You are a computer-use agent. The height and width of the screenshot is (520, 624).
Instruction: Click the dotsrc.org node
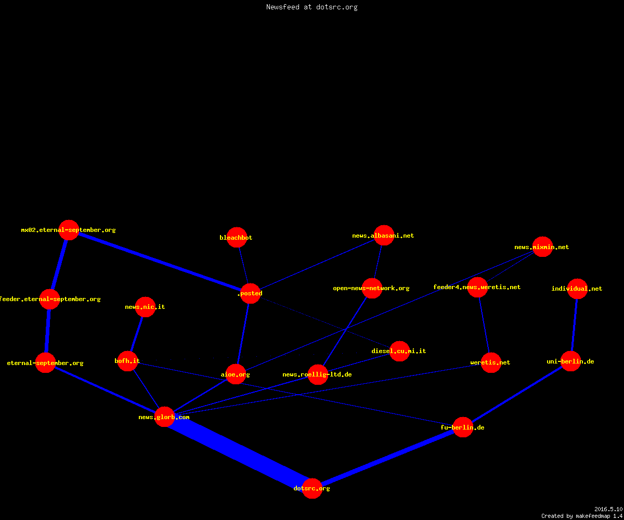(x=312, y=488)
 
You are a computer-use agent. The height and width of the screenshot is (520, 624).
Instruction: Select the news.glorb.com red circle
(x=164, y=417)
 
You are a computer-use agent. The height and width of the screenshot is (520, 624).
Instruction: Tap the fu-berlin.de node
(x=463, y=427)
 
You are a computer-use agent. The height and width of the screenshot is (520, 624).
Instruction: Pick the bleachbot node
(x=237, y=237)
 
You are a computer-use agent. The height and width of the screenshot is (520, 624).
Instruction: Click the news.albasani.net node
(x=384, y=235)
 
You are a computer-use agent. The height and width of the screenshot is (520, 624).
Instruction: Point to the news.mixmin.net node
(x=542, y=246)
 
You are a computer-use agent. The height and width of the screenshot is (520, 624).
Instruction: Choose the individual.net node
(x=577, y=289)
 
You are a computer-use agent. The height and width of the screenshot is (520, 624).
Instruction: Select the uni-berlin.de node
(x=570, y=361)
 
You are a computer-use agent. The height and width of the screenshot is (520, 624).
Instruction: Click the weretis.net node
(x=491, y=362)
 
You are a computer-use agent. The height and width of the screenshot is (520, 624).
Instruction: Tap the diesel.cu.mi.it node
(x=399, y=351)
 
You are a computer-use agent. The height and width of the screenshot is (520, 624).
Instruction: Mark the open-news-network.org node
(x=372, y=288)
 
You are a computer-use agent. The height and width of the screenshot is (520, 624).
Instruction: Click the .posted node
(x=250, y=293)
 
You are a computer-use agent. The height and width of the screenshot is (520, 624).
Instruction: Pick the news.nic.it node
(x=145, y=307)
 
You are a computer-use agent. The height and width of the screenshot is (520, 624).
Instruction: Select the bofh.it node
(x=127, y=361)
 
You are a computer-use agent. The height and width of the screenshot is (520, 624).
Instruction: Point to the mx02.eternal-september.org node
(x=69, y=230)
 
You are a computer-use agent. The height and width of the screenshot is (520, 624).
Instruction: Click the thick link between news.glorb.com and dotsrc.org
(x=238, y=452)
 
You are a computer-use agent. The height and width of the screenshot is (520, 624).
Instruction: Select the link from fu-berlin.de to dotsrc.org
(x=387, y=458)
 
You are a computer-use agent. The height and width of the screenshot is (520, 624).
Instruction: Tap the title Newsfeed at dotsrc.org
(x=311, y=7)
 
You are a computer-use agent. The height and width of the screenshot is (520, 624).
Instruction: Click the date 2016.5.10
(x=608, y=509)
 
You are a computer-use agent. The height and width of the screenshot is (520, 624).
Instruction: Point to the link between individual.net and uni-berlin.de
(x=574, y=325)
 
